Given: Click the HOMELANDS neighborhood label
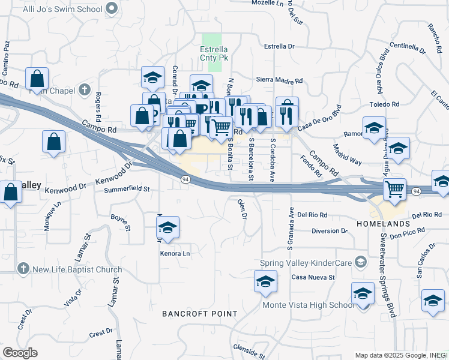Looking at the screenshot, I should point(382,224).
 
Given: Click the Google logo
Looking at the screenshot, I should point(20,353).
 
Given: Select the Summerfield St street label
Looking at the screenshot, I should point(126,189).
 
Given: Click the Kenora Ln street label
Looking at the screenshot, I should point(175,254).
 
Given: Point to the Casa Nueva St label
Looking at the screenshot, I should point(312,277).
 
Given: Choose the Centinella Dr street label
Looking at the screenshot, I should point(412,46).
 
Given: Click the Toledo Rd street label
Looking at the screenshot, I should point(384,104).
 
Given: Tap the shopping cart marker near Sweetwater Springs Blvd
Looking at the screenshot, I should point(395,190).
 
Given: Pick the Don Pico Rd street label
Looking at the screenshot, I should point(407,230).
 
